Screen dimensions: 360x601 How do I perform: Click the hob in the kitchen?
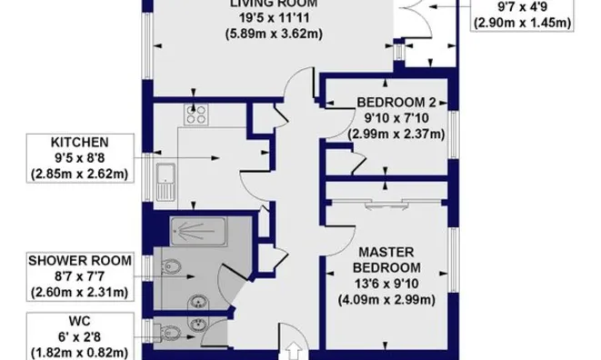click(196, 115)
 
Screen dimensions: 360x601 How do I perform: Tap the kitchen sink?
click(165, 182)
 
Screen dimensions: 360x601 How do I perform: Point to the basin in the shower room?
click(196, 303)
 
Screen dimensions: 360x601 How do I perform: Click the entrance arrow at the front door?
click(295, 350)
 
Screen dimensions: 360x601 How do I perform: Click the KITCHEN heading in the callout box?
click(81, 143)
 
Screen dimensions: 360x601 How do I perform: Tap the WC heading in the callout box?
click(81, 319)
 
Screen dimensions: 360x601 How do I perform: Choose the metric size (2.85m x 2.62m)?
click(81, 173)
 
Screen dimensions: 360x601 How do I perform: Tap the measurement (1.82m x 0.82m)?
click(81, 350)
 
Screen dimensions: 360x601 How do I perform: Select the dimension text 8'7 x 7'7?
click(81, 275)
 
